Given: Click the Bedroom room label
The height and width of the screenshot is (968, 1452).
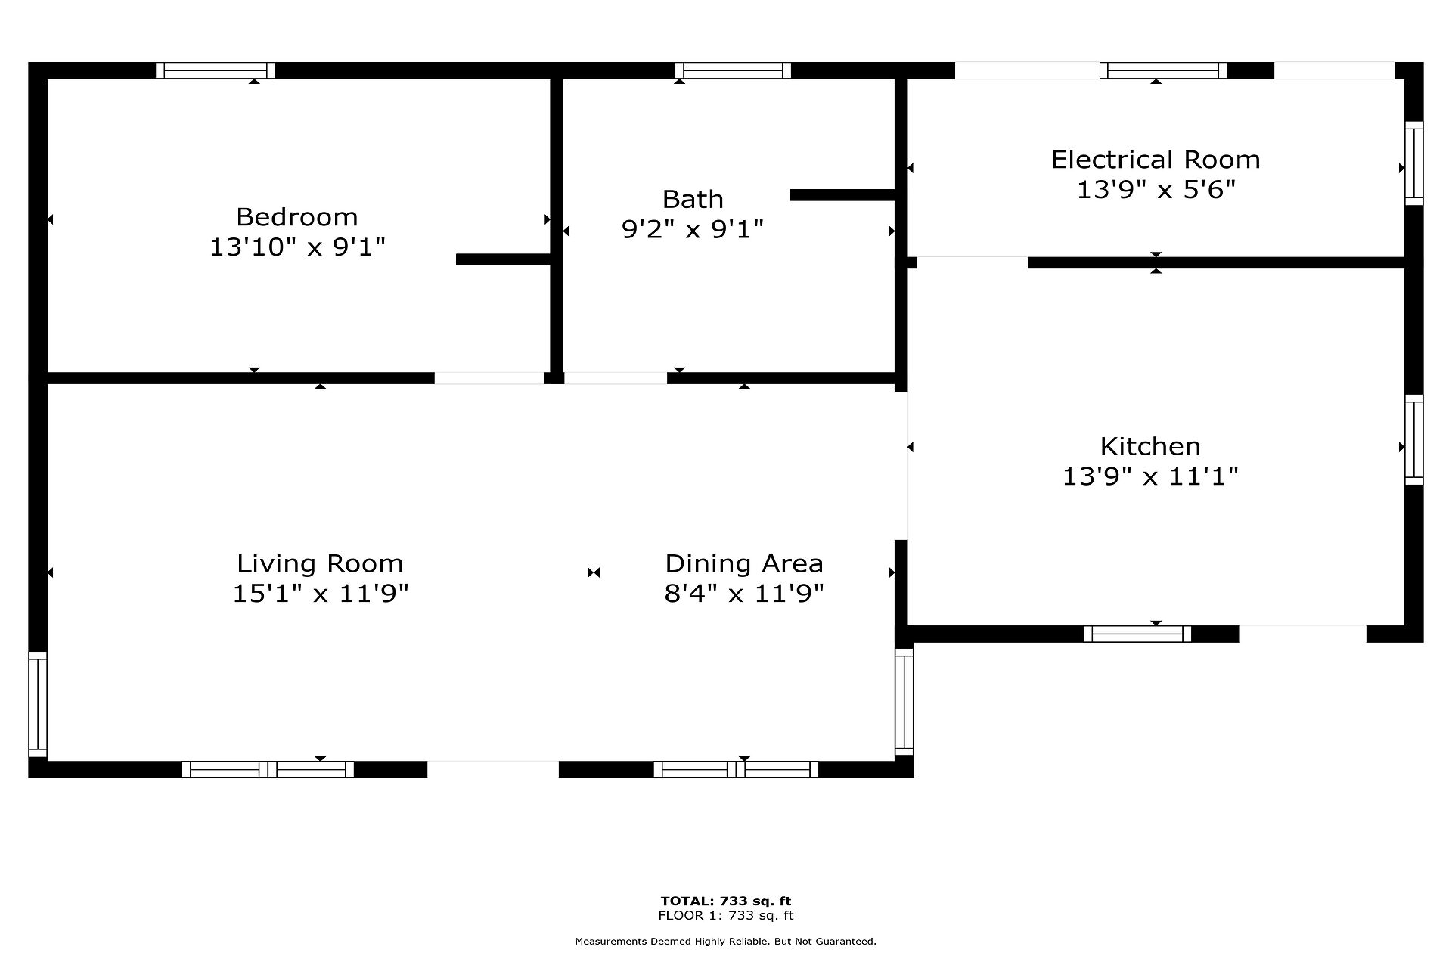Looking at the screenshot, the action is pyautogui.click(x=296, y=217).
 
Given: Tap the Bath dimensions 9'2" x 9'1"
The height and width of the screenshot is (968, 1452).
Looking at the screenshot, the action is pyautogui.click(x=693, y=228).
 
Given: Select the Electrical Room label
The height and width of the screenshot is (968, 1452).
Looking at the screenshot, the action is pyautogui.click(x=1156, y=160).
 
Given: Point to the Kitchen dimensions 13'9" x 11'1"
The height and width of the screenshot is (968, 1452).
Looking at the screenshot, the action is pyautogui.click(x=1150, y=476).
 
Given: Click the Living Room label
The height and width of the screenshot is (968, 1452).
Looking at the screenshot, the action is pyautogui.click(x=320, y=563).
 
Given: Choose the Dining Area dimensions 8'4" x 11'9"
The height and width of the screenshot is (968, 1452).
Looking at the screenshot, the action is pyautogui.click(x=744, y=593).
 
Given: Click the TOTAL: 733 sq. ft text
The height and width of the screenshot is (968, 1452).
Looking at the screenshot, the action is pyautogui.click(x=726, y=901).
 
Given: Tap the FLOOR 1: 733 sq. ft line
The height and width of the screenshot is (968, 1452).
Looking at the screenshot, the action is pyautogui.click(x=726, y=916).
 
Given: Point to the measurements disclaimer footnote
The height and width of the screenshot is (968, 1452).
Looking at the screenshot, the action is pyautogui.click(x=726, y=942).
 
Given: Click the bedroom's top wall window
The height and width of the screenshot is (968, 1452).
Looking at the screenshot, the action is pyautogui.click(x=216, y=70).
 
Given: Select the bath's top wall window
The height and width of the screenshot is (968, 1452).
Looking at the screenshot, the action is pyautogui.click(x=733, y=70).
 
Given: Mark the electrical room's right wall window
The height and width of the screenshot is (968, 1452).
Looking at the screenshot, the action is pyautogui.click(x=1414, y=163).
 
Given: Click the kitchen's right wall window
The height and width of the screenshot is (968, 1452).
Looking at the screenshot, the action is pyautogui.click(x=1414, y=439).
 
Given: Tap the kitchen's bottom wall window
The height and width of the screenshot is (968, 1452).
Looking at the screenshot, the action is pyautogui.click(x=1137, y=634).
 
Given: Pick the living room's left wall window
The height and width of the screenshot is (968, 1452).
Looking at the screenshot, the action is pyautogui.click(x=38, y=704).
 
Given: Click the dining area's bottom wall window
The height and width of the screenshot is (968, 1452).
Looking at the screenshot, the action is pyautogui.click(x=736, y=769).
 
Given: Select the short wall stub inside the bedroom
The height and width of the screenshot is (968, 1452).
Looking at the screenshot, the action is pyautogui.click(x=503, y=259).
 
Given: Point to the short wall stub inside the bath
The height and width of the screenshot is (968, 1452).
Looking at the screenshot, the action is pyautogui.click(x=842, y=194).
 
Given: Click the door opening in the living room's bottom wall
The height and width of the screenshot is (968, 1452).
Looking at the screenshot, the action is pyautogui.click(x=493, y=769).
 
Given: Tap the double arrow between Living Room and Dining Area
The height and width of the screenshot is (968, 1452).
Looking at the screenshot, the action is pyautogui.click(x=594, y=572).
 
